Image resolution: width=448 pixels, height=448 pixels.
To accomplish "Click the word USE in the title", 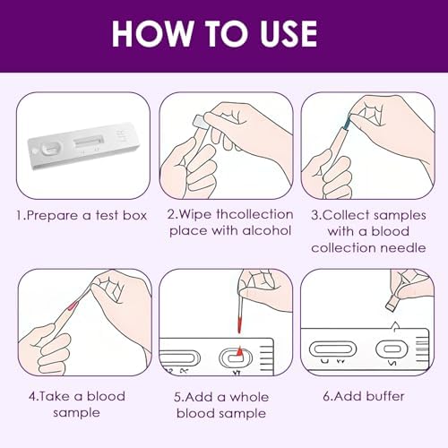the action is point(289,33).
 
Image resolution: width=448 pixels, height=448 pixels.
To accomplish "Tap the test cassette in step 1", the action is point(84,146).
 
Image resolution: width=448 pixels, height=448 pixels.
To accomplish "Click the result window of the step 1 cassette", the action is point(89,141).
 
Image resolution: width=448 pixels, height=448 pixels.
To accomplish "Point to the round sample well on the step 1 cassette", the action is point(51,148).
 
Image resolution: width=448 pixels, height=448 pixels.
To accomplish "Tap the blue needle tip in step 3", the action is point(348,123).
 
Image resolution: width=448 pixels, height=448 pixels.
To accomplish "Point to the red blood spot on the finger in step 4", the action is point(73,306).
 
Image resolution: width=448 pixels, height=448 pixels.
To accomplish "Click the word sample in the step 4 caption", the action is point(76,413).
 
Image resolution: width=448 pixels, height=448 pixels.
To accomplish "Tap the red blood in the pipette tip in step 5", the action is point(238,324).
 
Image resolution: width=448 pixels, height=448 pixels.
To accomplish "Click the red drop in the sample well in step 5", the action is point(239,351).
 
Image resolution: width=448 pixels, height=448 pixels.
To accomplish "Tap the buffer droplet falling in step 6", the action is point(395,326).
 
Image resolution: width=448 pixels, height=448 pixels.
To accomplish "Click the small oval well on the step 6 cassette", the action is point(392,349).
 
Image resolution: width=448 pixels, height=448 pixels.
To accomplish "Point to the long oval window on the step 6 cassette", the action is point(332,349).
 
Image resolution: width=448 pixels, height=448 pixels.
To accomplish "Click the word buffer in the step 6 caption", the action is point(385,396).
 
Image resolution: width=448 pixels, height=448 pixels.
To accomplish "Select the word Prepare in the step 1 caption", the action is point(53,216).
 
